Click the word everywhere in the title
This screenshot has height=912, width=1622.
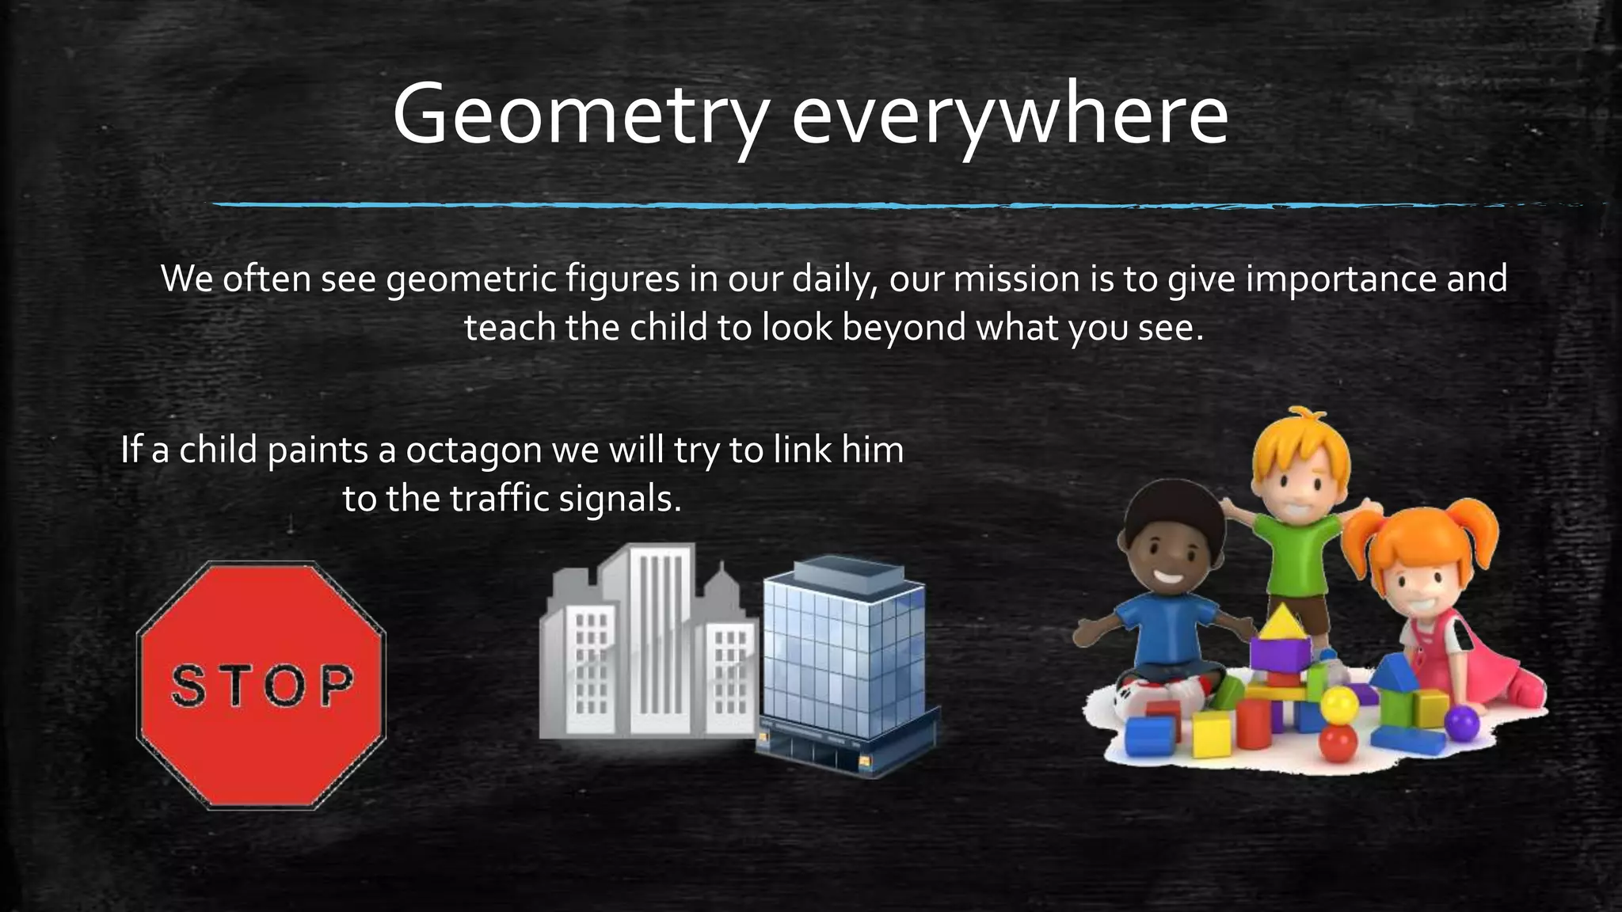click(1010, 117)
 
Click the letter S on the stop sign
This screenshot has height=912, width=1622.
click(188, 686)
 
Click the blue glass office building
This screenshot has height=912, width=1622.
click(843, 657)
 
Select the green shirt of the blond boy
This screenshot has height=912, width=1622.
click(1296, 554)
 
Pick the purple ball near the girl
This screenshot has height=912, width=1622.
click(1462, 722)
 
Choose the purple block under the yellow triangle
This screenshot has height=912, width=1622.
click(1280, 655)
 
